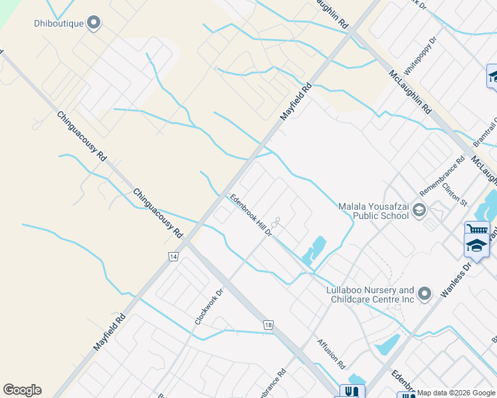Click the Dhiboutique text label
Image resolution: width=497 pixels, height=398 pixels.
tap(58, 24)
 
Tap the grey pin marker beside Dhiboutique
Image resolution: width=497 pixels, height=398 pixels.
tap(94, 23)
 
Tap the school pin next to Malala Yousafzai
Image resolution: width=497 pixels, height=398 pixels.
tap(419, 210)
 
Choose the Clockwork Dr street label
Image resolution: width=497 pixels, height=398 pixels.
tap(207, 305)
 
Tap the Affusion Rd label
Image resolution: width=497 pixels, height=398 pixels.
tap(332, 354)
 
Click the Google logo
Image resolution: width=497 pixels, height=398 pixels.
tap(22, 390)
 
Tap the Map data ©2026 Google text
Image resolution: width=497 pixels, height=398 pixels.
tap(456, 393)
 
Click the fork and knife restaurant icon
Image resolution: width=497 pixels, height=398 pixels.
tap(352, 391)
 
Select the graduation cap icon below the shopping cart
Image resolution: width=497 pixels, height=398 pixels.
tap(476, 245)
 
